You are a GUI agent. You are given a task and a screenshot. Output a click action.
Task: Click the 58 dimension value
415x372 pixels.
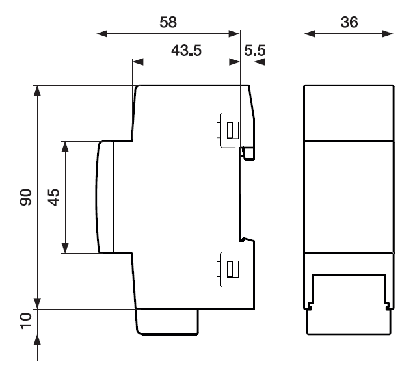click(x=168, y=22)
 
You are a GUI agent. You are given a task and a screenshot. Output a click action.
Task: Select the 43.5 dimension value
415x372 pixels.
click(x=186, y=50)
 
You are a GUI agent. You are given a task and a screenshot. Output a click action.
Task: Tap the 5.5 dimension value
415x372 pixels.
click(x=254, y=50)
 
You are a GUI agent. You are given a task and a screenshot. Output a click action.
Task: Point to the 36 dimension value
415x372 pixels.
click(x=349, y=22)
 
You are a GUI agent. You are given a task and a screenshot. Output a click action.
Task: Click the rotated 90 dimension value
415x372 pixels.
click(x=25, y=197)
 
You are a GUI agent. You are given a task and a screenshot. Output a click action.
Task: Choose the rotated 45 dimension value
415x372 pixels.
click(x=54, y=197)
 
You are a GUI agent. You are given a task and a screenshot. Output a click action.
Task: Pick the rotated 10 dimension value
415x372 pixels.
click(x=25, y=321)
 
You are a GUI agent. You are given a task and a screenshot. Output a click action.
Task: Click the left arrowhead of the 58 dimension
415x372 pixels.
click(x=102, y=34)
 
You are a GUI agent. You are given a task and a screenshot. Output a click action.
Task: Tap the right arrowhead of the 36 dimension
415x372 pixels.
click(x=388, y=34)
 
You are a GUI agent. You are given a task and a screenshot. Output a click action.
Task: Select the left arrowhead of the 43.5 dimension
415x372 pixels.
click(x=138, y=62)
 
